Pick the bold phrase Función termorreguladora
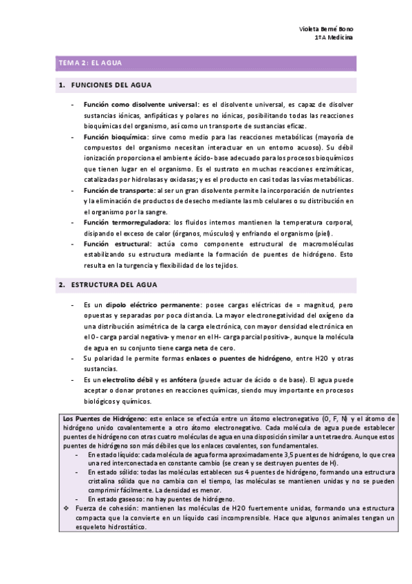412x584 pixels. (x=126, y=222)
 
